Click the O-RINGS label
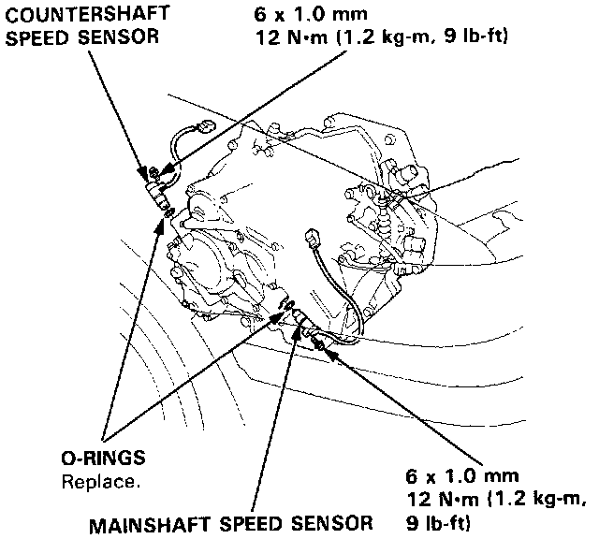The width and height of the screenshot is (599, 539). pyautogui.click(x=103, y=459)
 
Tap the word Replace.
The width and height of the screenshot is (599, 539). pyautogui.click(x=101, y=482)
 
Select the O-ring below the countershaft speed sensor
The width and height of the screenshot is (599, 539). pyautogui.click(x=166, y=214)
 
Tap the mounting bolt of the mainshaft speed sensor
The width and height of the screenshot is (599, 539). pyautogui.click(x=323, y=346)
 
